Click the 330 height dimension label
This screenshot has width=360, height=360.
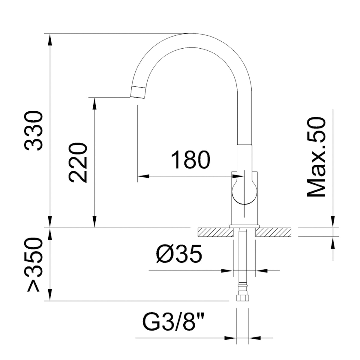click(34, 131)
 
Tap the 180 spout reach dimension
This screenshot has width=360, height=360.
click(190, 160)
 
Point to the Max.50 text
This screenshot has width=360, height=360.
click(316, 157)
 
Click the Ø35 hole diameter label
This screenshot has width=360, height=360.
click(179, 254)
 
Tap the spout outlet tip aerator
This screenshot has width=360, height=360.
click(138, 92)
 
